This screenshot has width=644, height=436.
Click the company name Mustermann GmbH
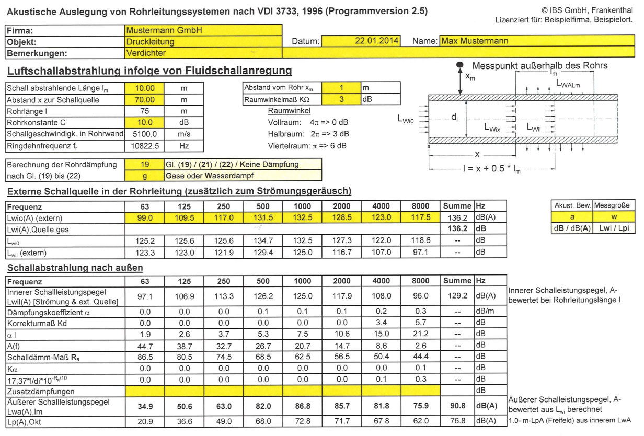pyautogui.click(x=157, y=30)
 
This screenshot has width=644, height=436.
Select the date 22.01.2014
pyautogui.click(x=376, y=41)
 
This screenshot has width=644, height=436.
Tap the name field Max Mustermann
pyautogui.click(x=475, y=41)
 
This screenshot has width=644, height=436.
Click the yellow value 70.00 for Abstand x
pyautogui.click(x=145, y=99)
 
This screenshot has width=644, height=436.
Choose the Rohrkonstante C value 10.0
pyautogui.click(x=145, y=123)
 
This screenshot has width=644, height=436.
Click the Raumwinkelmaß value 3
pyautogui.click(x=341, y=99)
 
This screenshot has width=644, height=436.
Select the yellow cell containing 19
pyautogui.click(x=145, y=164)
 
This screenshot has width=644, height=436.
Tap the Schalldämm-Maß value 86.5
pyautogui.click(x=145, y=357)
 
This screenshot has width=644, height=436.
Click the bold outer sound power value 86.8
pyautogui.click(x=302, y=405)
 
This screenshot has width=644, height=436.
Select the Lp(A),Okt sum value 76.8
pyautogui.click(x=457, y=421)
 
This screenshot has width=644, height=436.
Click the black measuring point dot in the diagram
pyautogui.click(x=459, y=64)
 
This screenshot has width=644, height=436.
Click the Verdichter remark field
pyautogui.click(x=146, y=53)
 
